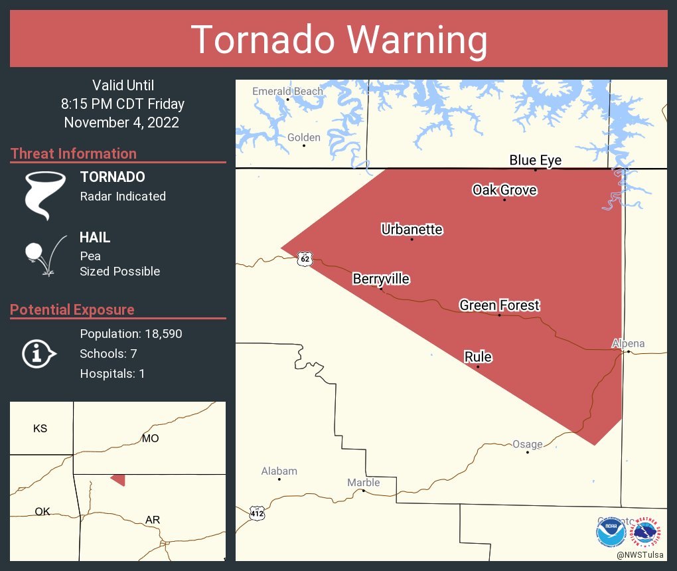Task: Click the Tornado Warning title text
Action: click(x=338, y=40)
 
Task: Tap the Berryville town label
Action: click(x=381, y=279)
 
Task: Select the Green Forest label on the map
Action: click(x=499, y=305)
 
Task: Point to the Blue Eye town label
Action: click(x=535, y=160)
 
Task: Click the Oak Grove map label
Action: click(x=504, y=190)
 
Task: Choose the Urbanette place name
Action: click(x=412, y=230)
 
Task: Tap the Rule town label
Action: click(x=478, y=357)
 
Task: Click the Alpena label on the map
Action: click(x=628, y=343)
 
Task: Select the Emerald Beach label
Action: click(x=287, y=91)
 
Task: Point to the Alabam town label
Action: click(x=279, y=471)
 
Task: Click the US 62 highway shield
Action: click(x=304, y=259)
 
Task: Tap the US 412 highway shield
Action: click(x=258, y=513)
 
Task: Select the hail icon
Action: click(x=43, y=254)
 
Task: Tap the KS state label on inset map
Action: click(x=40, y=428)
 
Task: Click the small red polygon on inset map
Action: click(x=118, y=479)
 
